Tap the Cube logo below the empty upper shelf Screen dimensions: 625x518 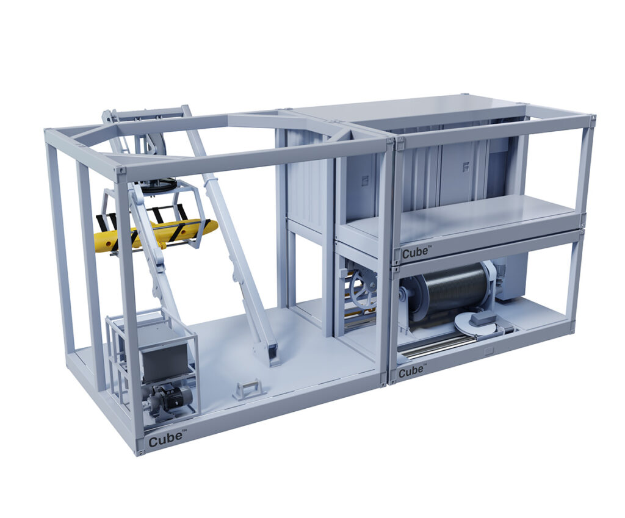[416, 252]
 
